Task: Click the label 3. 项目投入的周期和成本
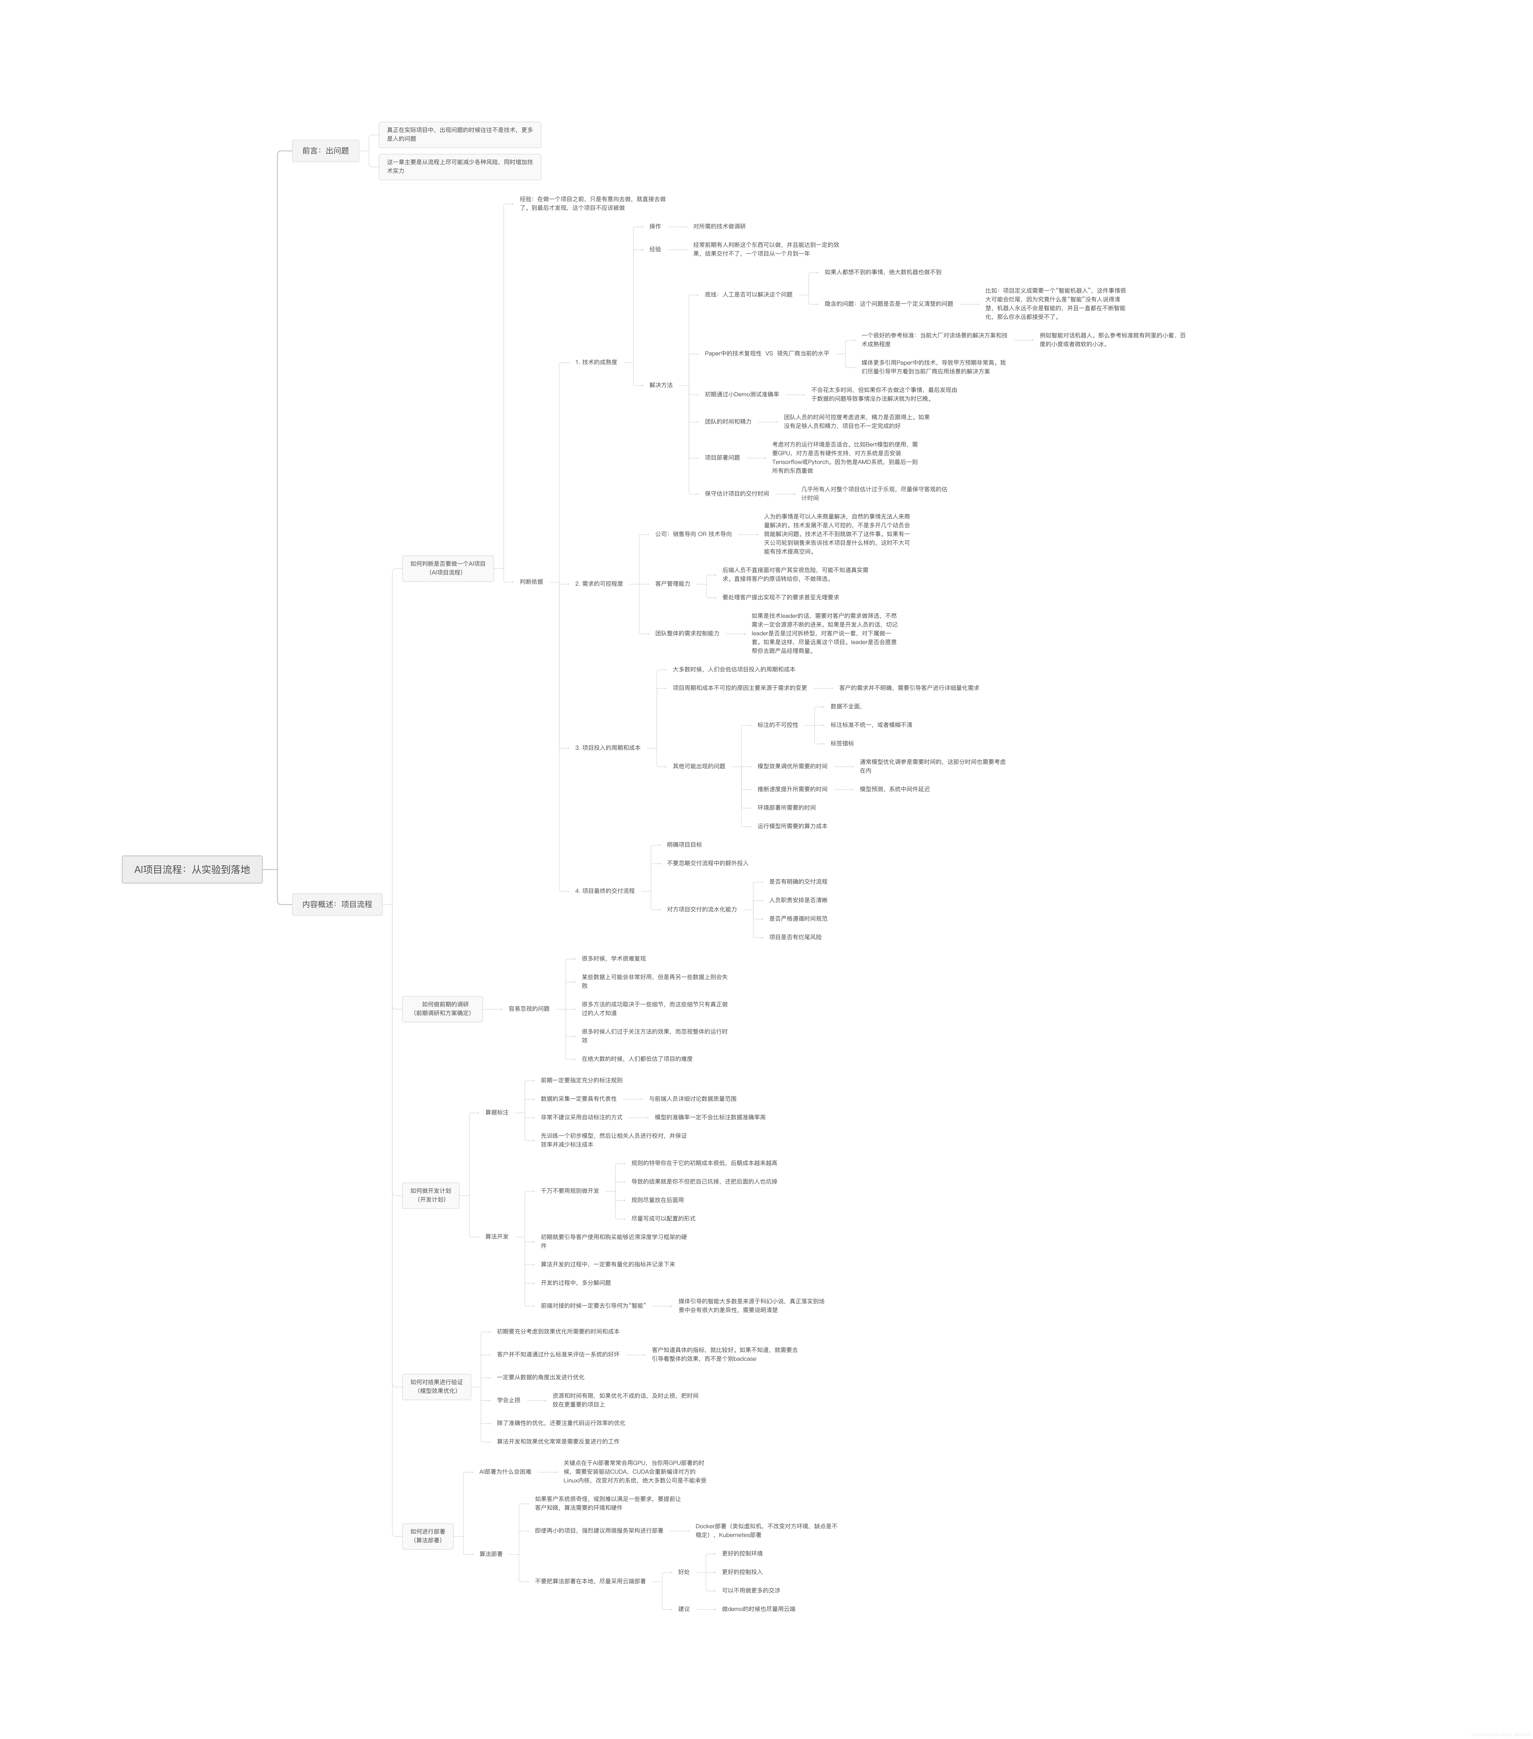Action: coord(607,748)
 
